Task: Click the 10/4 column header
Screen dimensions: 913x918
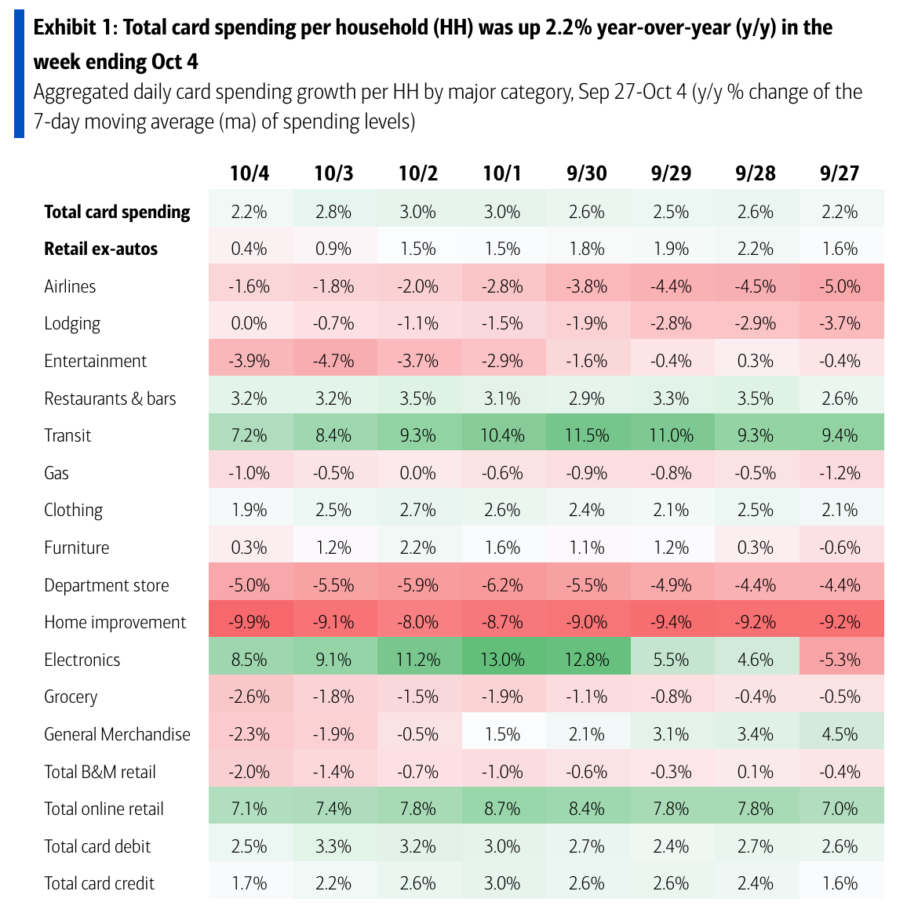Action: click(x=250, y=173)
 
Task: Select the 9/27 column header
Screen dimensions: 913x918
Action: click(x=840, y=173)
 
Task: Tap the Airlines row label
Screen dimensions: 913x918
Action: click(x=70, y=286)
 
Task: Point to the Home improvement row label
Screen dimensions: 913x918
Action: click(x=115, y=622)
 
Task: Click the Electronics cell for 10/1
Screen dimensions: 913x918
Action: click(x=502, y=660)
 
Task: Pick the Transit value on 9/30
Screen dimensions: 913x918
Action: click(x=586, y=435)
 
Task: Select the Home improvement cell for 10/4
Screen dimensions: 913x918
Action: click(x=250, y=622)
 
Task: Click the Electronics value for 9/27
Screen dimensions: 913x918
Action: click(x=840, y=660)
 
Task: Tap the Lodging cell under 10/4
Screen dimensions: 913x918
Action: click(x=250, y=323)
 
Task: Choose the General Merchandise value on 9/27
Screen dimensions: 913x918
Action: click(x=840, y=734)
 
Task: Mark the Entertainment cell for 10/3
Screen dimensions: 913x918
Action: click(x=333, y=361)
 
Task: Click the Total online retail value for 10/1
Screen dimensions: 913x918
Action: click(x=502, y=809)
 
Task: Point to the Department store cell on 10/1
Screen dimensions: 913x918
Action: click(x=502, y=585)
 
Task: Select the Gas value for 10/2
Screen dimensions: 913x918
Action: click(x=417, y=473)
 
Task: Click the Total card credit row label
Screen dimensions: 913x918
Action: click(x=99, y=883)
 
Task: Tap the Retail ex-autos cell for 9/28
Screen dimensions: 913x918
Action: click(x=756, y=249)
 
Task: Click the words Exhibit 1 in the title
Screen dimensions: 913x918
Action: click(x=74, y=28)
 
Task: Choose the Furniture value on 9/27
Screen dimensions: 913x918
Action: click(x=840, y=547)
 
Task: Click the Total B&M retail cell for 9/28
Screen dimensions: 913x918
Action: click(x=756, y=772)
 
